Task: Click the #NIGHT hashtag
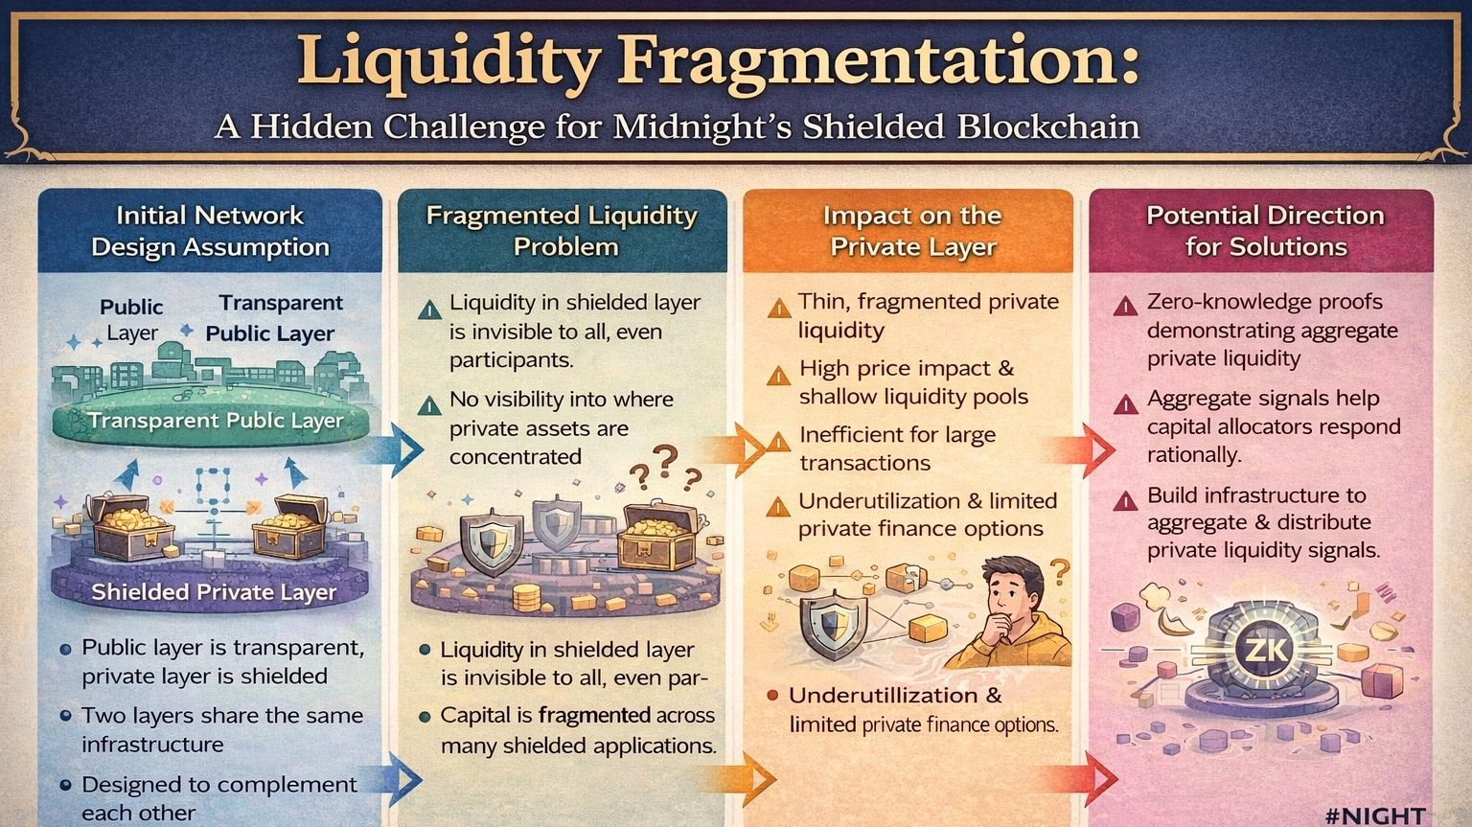1375,815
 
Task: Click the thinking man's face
1013,592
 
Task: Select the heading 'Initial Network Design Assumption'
210,231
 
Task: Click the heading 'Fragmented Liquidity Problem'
562,231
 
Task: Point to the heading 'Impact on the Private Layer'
912,231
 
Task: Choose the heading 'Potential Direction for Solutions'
1265,231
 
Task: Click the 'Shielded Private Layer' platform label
213,591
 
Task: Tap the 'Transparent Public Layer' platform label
215,420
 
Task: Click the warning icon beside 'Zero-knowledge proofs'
1125,306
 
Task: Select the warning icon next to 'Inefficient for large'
781,440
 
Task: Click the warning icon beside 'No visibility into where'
429,404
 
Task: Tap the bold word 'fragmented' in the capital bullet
594,715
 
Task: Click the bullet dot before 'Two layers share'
65,716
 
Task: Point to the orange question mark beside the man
1059,573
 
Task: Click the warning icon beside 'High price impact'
779,374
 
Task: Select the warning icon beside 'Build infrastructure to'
1125,500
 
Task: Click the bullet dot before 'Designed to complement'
65,785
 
